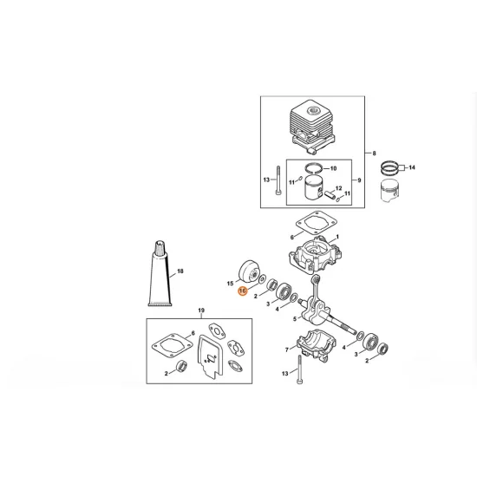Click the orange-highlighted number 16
point(243,291)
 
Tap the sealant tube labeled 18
point(160,273)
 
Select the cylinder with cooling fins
point(313,127)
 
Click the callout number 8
point(374,154)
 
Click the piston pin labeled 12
point(330,193)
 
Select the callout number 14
point(412,167)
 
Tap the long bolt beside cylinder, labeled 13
point(278,180)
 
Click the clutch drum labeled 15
point(249,272)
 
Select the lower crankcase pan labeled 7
point(317,344)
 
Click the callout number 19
point(201,310)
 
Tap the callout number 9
point(359,180)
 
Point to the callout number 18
point(180,271)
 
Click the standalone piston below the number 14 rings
point(389,191)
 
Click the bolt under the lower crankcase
point(300,369)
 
